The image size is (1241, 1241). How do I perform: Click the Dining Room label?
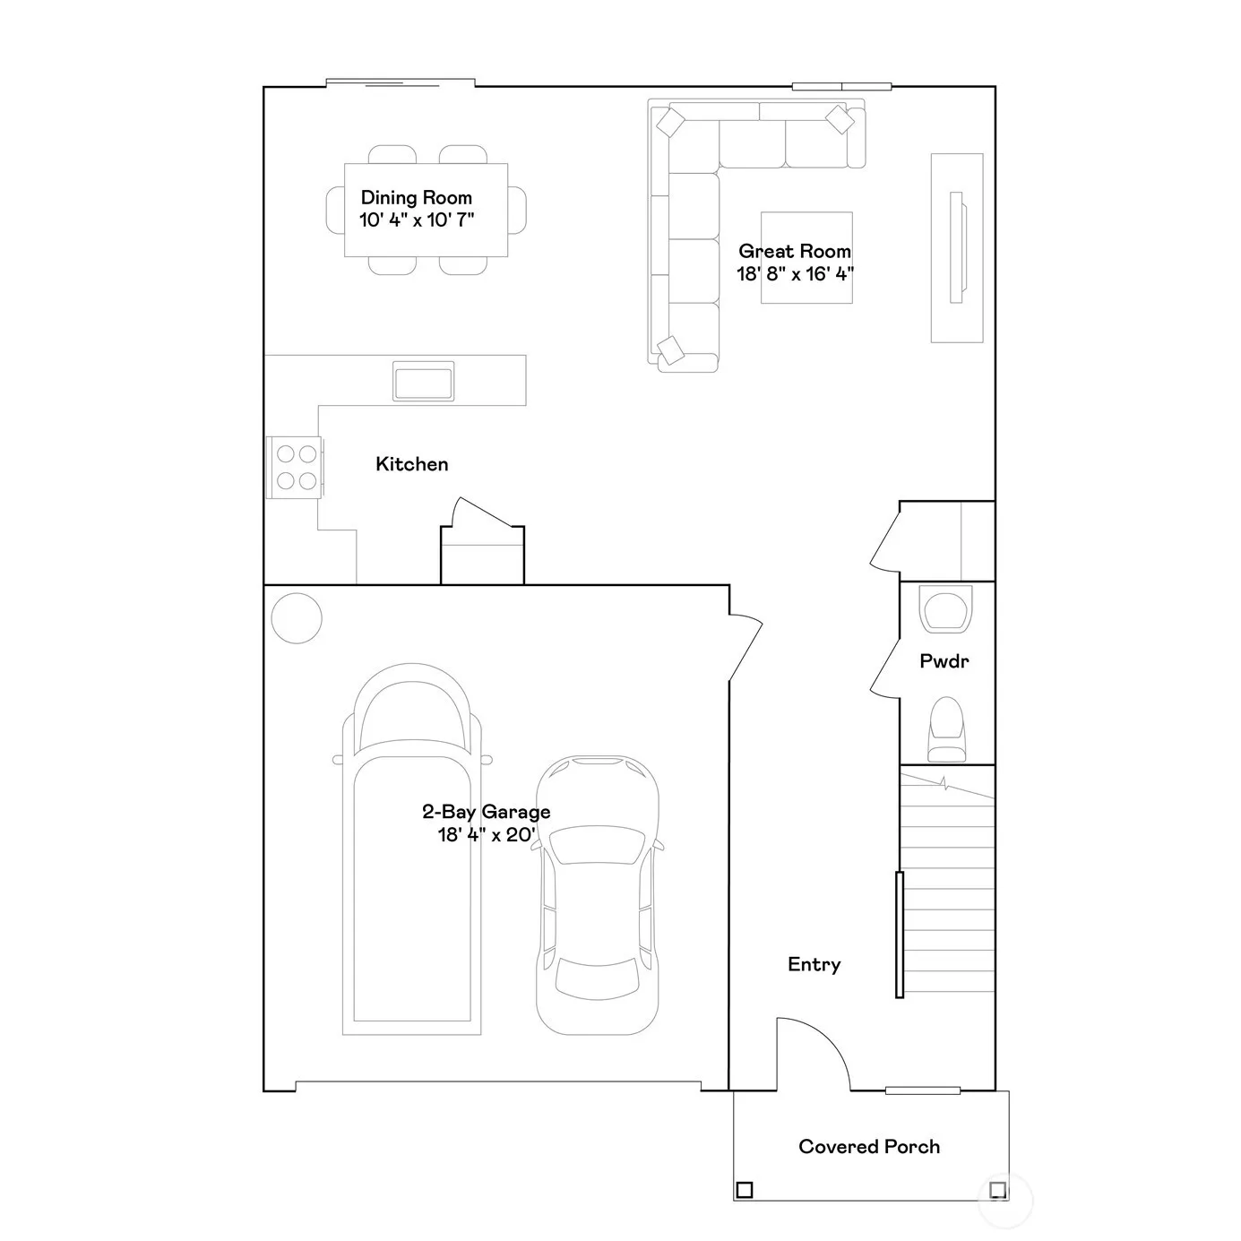tap(416, 198)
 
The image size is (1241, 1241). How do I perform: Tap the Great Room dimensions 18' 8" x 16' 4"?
tap(795, 274)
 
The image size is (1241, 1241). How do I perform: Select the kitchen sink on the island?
tap(423, 381)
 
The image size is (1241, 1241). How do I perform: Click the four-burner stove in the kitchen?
tap(294, 467)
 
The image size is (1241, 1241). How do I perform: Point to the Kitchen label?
tap(411, 464)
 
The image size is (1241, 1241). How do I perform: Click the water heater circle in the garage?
tap(297, 618)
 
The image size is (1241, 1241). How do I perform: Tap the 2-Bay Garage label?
tap(487, 812)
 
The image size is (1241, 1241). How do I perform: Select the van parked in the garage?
tap(412, 849)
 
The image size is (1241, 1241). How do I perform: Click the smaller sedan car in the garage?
tap(598, 896)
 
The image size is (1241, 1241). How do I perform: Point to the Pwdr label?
tap(944, 661)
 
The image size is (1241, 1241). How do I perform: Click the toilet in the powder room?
tap(947, 729)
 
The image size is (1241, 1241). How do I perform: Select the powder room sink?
tap(945, 608)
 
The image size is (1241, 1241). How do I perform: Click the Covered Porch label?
tap(869, 1147)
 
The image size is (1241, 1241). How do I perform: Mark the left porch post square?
tap(745, 1190)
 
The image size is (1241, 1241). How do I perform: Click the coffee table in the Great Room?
tap(806, 257)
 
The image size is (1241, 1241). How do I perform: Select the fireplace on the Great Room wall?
tap(957, 248)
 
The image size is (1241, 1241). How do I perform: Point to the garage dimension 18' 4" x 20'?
tap(487, 835)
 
